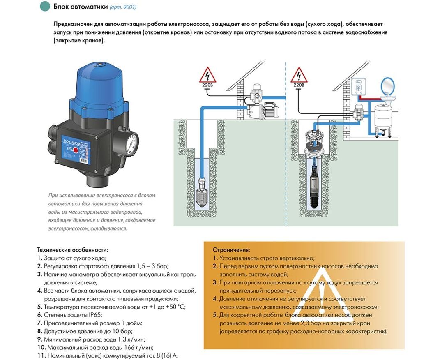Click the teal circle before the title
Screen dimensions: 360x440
44,7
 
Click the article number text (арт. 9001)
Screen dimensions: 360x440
123,7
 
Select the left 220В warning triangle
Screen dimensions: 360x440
207,76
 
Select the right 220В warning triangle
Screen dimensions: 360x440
299,76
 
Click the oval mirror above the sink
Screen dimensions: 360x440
387,86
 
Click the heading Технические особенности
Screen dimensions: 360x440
73,249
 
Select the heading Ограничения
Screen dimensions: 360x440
231,249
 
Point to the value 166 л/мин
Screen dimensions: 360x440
135,347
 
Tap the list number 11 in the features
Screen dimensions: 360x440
41,355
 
